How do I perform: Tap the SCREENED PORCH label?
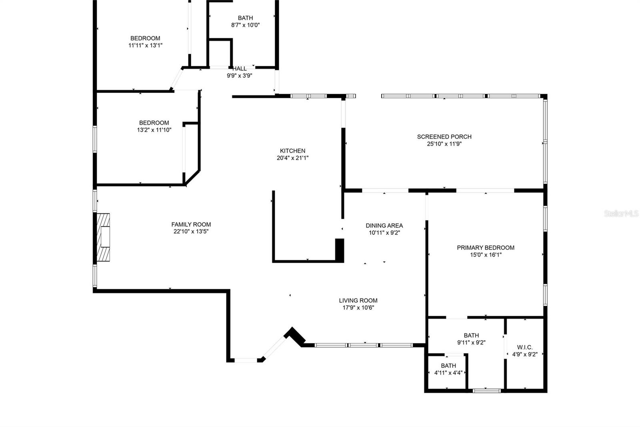444,137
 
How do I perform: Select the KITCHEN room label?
292,151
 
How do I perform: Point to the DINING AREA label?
384,226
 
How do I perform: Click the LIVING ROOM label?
358,300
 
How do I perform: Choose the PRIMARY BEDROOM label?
486,248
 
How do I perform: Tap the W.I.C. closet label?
525,347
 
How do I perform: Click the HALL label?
240,69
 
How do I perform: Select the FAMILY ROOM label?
191,224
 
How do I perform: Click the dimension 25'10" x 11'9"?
444,144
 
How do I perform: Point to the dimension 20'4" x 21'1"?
292,158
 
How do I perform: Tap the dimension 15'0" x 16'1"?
486,255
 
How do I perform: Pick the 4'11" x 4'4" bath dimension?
448,373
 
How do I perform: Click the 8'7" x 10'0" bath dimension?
245,25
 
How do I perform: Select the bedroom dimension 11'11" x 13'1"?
145,45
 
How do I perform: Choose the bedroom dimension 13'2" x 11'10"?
154,130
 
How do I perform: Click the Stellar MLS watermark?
621,214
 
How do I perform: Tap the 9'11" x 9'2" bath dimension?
471,342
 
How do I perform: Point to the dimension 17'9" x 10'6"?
358,308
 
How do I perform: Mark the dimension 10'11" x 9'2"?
384,233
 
